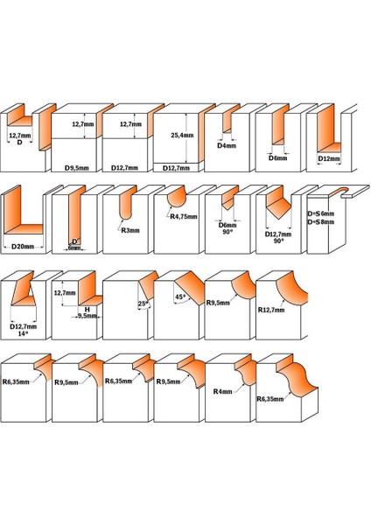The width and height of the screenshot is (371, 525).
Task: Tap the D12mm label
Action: point(328,159)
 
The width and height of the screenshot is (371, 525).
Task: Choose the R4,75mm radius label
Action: point(182,217)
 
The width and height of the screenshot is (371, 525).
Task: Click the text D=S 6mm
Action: point(320,214)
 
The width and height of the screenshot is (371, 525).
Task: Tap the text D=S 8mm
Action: point(320,223)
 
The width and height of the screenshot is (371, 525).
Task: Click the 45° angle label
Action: point(180,296)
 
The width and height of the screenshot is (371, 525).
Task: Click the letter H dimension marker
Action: point(87,308)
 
